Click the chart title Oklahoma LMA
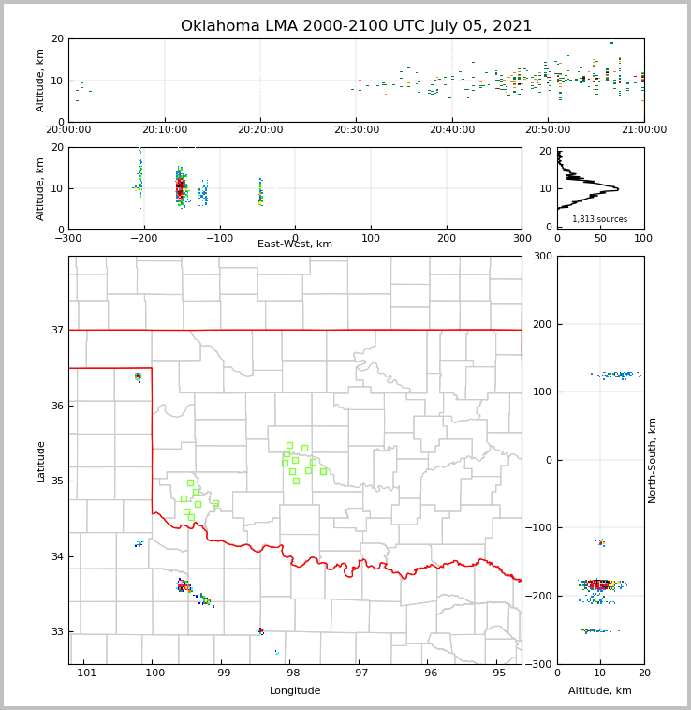(356, 26)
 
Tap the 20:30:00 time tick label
(356, 129)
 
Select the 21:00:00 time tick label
(643, 129)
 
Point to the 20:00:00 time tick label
(68, 129)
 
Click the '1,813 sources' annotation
(599, 219)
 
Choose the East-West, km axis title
(295, 244)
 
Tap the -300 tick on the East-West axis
(68, 237)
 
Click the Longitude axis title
(295, 691)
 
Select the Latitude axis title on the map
(40, 461)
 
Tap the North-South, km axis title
(653, 461)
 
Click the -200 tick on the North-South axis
(541, 597)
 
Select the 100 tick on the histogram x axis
(643, 238)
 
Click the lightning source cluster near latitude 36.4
(138, 377)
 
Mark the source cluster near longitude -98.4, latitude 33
(261, 631)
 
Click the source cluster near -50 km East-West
(261, 192)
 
